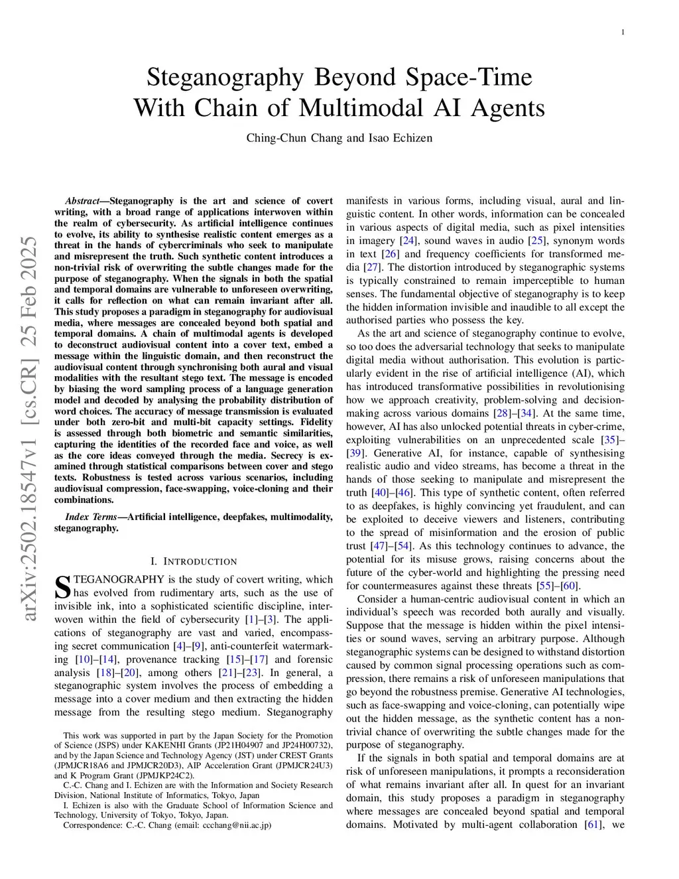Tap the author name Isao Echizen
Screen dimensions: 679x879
coord(400,138)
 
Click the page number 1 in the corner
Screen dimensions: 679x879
coord(623,33)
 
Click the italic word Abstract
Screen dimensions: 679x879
coord(82,201)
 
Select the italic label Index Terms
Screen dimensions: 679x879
coord(91,517)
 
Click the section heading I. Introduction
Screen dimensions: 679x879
coord(194,561)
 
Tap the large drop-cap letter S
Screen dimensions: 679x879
coord(62,587)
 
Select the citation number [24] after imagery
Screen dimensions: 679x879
coord(408,241)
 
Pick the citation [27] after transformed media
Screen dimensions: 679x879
coord(371,267)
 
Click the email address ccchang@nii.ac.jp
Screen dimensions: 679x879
coord(234,825)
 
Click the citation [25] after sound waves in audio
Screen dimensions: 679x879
coord(536,241)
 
